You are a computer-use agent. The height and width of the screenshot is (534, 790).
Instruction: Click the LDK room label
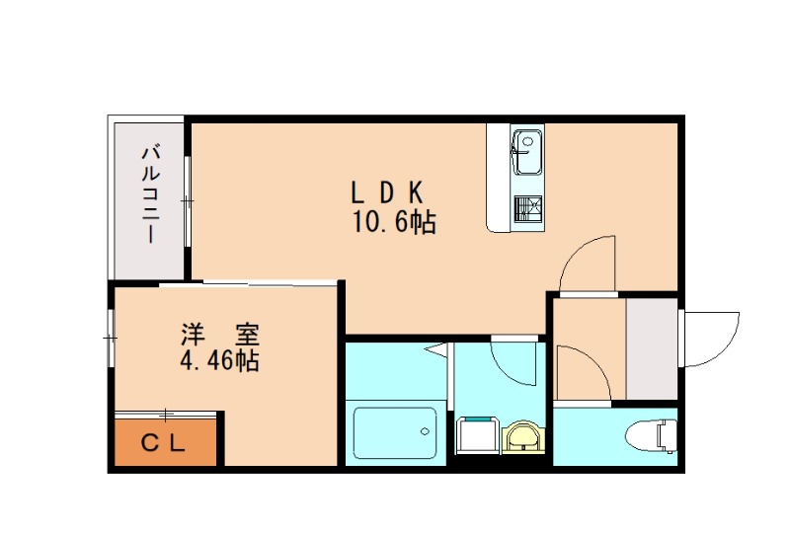click(x=389, y=191)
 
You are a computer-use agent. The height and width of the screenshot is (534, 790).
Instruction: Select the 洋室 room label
click(x=218, y=333)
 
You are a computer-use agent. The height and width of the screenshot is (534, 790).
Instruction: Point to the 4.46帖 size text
click(x=218, y=361)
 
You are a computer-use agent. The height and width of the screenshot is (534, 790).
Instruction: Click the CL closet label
click(x=164, y=443)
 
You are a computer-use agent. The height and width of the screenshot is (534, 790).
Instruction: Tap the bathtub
click(x=395, y=432)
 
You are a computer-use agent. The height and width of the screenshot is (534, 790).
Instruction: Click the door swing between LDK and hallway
click(x=589, y=263)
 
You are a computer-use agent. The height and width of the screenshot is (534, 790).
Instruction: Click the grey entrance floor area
click(x=652, y=349)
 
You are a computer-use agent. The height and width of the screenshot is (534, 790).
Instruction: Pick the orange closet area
click(x=164, y=443)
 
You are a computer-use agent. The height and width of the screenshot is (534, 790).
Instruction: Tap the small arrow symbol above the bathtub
click(x=435, y=348)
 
